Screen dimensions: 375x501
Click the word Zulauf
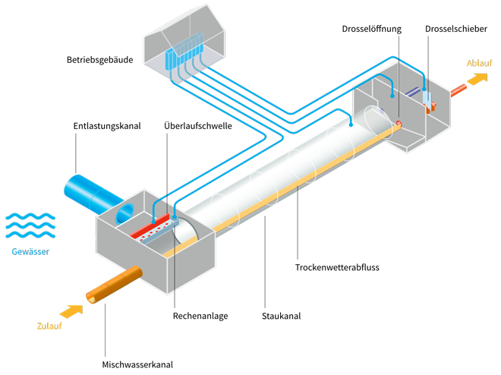(x=49, y=327)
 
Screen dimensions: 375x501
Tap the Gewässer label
(x=30, y=251)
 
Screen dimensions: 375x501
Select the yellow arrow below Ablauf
(x=477, y=80)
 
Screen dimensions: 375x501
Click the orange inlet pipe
(x=114, y=285)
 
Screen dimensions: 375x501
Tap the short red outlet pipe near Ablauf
(x=458, y=90)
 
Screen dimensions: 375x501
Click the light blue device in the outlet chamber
(x=427, y=96)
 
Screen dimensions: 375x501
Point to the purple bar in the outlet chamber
(x=413, y=91)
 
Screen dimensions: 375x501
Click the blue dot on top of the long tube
(x=351, y=123)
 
